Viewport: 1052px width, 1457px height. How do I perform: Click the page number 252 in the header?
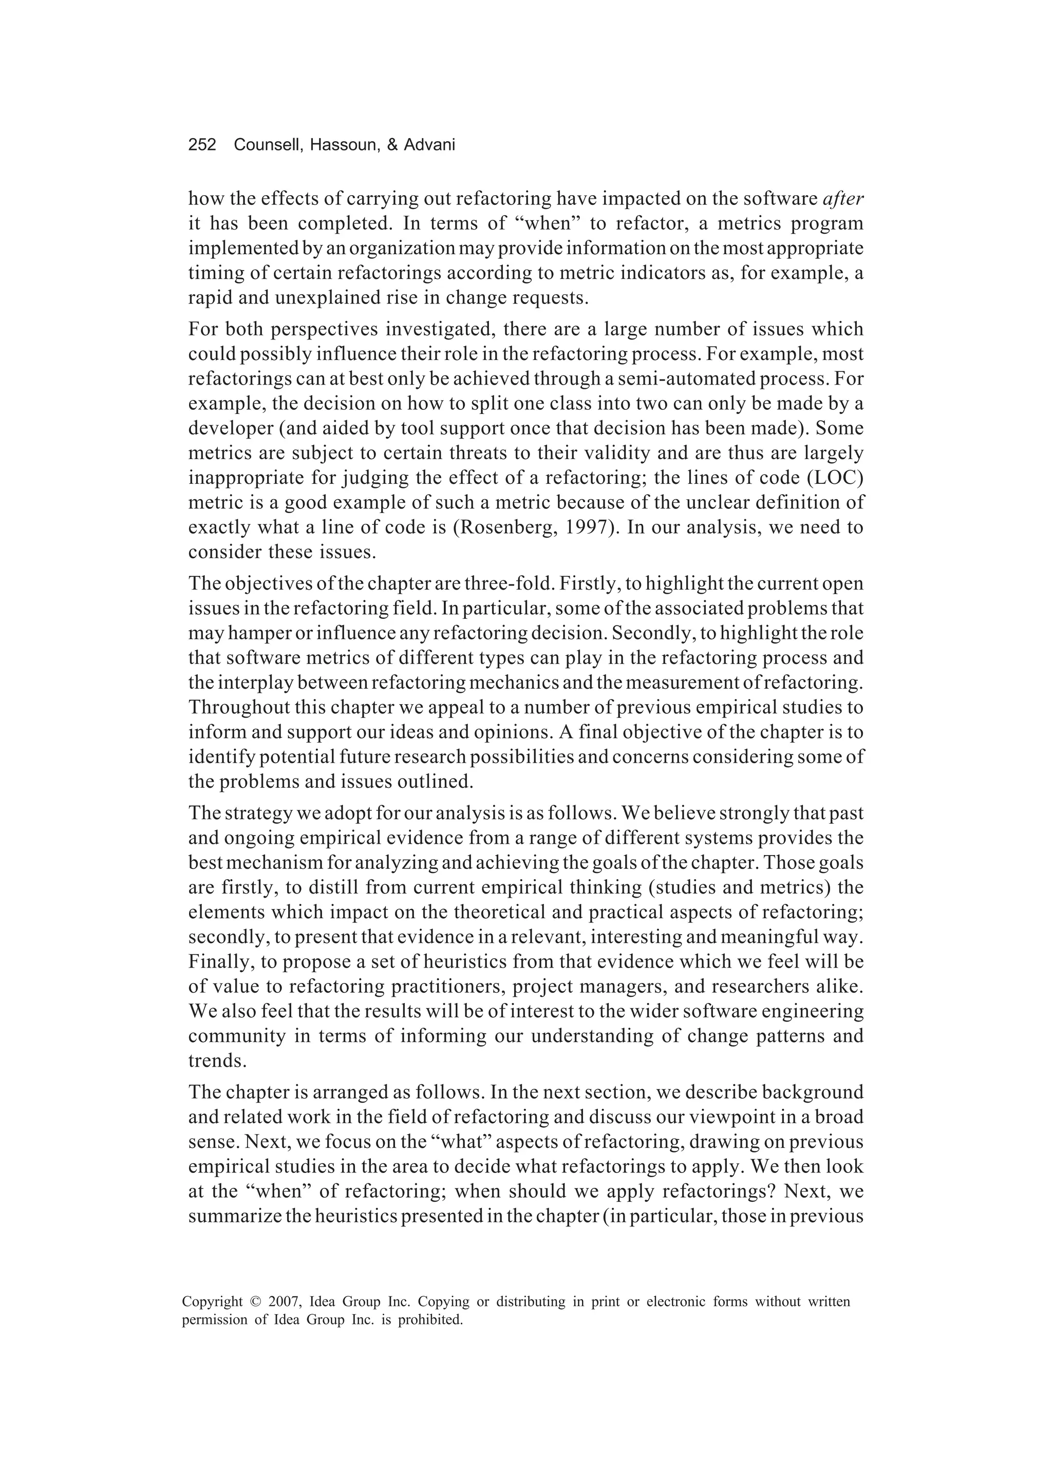point(202,145)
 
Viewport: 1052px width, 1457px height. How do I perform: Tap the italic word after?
point(843,199)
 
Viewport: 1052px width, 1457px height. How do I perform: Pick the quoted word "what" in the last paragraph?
point(463,1142)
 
